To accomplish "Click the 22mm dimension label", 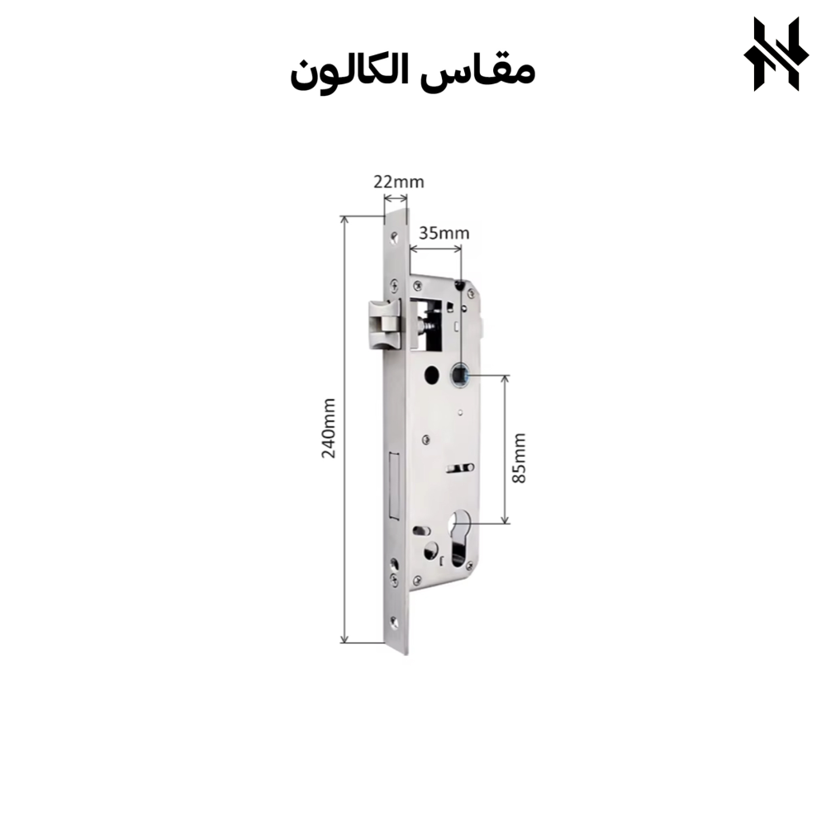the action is (399, 182).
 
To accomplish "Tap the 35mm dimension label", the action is (444, 233).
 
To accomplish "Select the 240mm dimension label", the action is (329, 428).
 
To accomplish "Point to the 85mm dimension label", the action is (519, 458).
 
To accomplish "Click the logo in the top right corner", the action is (776, 54).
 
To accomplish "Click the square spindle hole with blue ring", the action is (460, 376).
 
